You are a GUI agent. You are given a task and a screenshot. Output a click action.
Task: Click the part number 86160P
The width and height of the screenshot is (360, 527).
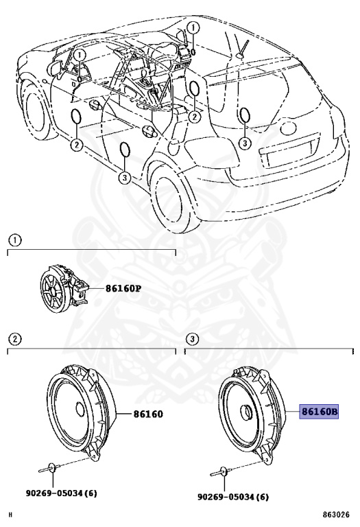(x=123, y=288)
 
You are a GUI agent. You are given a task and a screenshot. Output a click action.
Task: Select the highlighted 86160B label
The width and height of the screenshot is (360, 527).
(x=319, y=411)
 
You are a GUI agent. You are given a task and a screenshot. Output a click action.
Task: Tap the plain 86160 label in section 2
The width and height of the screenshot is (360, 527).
(x=148, y=413)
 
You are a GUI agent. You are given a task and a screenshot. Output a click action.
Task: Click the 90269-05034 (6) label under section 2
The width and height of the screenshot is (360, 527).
(x=62, y=493)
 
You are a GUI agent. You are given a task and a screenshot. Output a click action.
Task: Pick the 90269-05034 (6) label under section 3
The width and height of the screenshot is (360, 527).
(x=232, y=496)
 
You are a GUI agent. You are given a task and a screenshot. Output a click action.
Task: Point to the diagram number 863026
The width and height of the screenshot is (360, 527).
(x=336, y=515)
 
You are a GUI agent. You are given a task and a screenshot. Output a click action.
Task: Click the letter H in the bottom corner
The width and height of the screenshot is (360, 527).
(x=10, y=515)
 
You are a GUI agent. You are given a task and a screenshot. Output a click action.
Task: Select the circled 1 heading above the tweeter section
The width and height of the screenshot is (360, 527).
(x=15, y=240)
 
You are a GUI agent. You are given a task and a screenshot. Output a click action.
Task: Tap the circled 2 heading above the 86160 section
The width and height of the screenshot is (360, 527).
(x=15, y=339)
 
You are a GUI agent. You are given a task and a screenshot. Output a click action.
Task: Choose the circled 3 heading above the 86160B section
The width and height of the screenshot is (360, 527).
(x=192, y=339)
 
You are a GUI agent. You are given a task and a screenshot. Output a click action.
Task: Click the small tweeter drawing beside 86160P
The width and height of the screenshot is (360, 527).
(x=64, y=289)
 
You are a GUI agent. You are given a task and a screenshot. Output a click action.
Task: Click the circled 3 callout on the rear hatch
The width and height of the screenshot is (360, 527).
(x=245, y=143)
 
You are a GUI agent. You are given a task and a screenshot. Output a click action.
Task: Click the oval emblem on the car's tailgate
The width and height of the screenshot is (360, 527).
(x=289, y=128)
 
